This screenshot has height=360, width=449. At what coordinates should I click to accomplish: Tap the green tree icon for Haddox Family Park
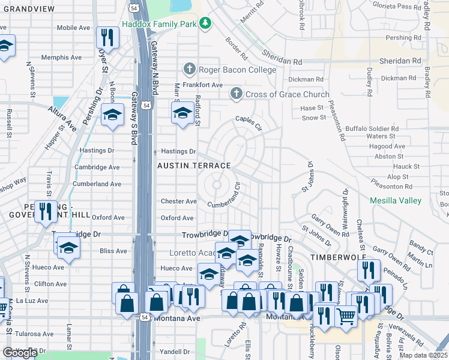(206, 23)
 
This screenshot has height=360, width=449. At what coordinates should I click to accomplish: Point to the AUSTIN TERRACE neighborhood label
(194, 166)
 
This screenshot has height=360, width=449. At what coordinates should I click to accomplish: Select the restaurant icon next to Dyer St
(107, 37)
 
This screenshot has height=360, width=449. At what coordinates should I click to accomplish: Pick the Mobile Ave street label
(73, 28)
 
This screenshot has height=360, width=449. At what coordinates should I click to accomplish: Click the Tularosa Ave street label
(35, 333)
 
